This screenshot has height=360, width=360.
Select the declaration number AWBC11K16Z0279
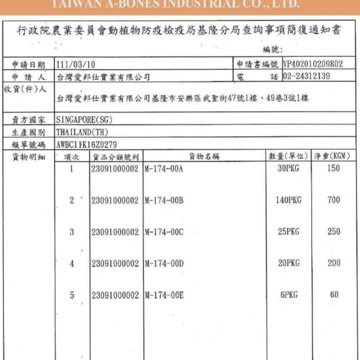pyautogui.click(x=87, y=144)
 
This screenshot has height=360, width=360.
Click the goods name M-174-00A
pyautogui.click(x=164, y=168)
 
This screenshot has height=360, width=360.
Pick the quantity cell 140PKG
pyautogui.click(x=288, y=200)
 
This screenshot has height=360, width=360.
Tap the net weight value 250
pyautogui.click(x=334, y=231)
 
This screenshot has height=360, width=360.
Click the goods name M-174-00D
pyautogui.click(x=164, y=264)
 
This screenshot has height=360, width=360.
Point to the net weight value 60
pyautogui.click(x=334, y=295)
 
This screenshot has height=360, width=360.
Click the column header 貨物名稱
pyautogui.click(x=204, y=156)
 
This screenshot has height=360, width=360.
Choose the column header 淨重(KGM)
pyautogui.click(x=332, y=156)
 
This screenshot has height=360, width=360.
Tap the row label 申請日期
pyautogui.click(x=28, y=65)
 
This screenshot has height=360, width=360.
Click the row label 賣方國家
pyautogui.click(x=28, y=119)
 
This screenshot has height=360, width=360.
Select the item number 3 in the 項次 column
pyautogui.click(x=72, y=232)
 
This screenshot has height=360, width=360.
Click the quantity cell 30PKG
pyautogui.click(x=288, y=168)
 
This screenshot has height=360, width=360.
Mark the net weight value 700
pyautogui.click(x=334, y=200)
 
